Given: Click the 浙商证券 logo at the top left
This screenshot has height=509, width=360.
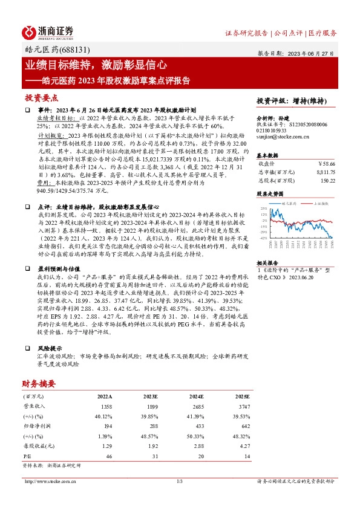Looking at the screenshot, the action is pos(48,32).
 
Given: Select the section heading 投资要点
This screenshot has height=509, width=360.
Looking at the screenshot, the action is pos(41,97).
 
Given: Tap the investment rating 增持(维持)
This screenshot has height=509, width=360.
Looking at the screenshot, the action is pos(310,100).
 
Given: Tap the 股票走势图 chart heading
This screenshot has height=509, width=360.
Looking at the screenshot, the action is pos(270,195).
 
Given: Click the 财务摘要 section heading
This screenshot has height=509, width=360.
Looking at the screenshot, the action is pos(39,383).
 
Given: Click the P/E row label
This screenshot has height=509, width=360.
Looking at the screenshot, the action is pos(28,456).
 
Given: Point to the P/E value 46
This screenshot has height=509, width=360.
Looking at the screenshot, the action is pos(108,456).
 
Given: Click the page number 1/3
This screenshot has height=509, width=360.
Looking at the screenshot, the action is pos(180,481).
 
